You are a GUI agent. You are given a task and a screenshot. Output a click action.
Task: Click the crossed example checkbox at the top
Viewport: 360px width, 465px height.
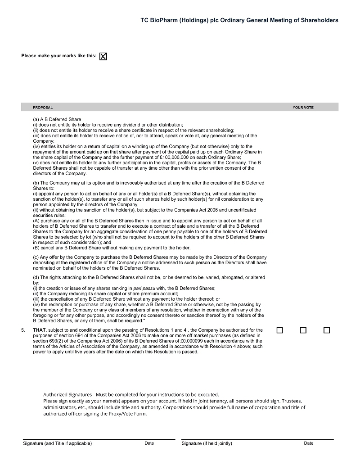pos(103,56)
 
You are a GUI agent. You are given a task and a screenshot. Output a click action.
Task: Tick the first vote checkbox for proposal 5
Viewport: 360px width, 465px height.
pos(279,330)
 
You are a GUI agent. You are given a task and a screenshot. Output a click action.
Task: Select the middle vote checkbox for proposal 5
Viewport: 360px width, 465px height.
pos(303,330)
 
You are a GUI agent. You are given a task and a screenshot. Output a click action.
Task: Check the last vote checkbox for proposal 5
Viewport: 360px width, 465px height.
pos(327,330)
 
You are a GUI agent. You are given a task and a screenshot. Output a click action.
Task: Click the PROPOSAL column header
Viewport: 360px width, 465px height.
pos(43,108)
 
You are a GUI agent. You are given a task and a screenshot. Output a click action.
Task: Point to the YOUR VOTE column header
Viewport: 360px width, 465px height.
pos(303,108)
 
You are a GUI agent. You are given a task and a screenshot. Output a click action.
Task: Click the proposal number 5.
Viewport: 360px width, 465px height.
pos(22,330)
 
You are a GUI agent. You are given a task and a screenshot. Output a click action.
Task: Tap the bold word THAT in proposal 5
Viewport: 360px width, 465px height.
pos(39,330)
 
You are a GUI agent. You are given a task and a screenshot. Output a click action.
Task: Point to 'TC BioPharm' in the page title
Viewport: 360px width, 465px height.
pos(159,20)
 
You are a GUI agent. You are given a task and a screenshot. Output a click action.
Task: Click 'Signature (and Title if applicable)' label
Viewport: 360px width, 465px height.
pos(57,443)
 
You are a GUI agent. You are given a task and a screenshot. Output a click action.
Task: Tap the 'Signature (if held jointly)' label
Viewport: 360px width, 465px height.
pos(207,443)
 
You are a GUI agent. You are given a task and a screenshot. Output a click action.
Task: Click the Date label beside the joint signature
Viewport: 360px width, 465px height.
pos(308,443)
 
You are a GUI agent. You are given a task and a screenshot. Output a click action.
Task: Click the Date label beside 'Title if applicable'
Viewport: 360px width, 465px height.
pos(149,443)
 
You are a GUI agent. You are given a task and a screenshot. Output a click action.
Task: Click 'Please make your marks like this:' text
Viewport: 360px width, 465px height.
pos(58,56)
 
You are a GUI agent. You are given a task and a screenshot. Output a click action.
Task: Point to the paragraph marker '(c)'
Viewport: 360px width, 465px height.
pos(36,257)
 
